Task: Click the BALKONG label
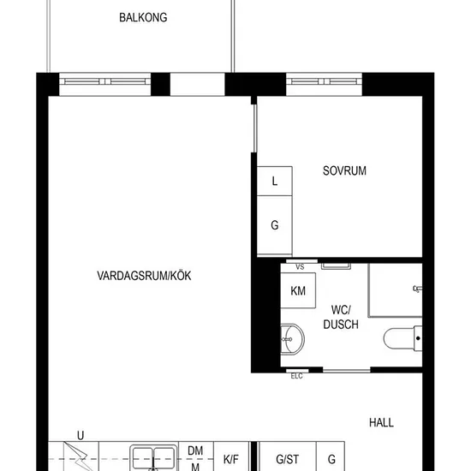point(143,17)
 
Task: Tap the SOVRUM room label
point(344,170)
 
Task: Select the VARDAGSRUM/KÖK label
point(144,276)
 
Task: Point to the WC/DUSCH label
point(341,317)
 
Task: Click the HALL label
point(381,423)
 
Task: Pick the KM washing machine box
point(298,290)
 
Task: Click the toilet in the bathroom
point(402,338)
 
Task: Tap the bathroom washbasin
point(293,339)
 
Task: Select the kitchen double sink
point(153,458)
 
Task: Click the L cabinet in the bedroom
point(275,182)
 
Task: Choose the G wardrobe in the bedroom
point(275,225)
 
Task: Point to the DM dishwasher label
point(195,450)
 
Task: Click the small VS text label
point(300,266)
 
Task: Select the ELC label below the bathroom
point(297,376)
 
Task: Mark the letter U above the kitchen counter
point(80,435)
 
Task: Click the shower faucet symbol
point(418,289)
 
